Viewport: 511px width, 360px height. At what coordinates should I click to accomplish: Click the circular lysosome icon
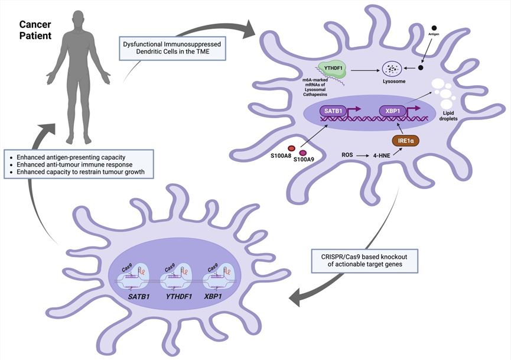pos(392,70)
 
